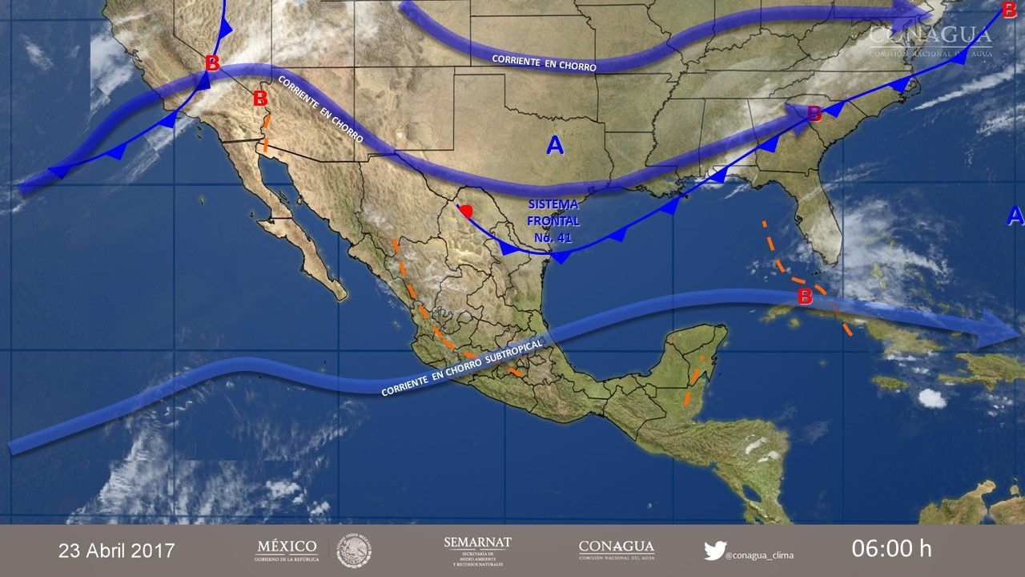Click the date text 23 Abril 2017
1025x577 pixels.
click(116, 551)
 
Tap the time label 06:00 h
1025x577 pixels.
click(891, 549)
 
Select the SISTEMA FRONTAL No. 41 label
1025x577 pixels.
click(553, 220)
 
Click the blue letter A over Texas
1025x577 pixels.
click(554, 145)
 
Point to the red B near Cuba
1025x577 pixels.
click(805, 297)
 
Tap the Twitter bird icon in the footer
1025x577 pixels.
click(714, 551)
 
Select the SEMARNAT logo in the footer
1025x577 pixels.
click(477, 551)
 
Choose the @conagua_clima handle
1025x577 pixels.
click(759, 553)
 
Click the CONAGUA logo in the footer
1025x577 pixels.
click(616, 550)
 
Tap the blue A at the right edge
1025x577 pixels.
click(1015, 215)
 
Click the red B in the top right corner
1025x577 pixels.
click(1008, 10)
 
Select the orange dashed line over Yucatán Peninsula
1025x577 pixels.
click(693, 380)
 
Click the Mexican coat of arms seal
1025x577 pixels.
click(354, 551)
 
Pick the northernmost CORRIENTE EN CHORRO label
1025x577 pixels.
click(544, 63)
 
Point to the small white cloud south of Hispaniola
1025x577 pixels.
click(932, 397)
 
